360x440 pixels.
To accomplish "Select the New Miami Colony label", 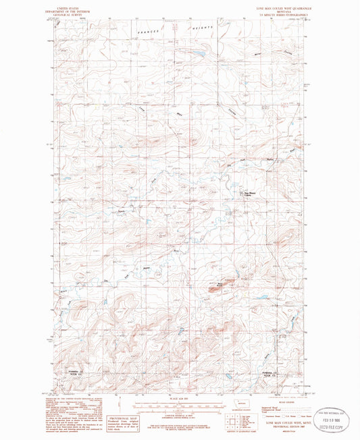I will (x=249, y=191).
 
